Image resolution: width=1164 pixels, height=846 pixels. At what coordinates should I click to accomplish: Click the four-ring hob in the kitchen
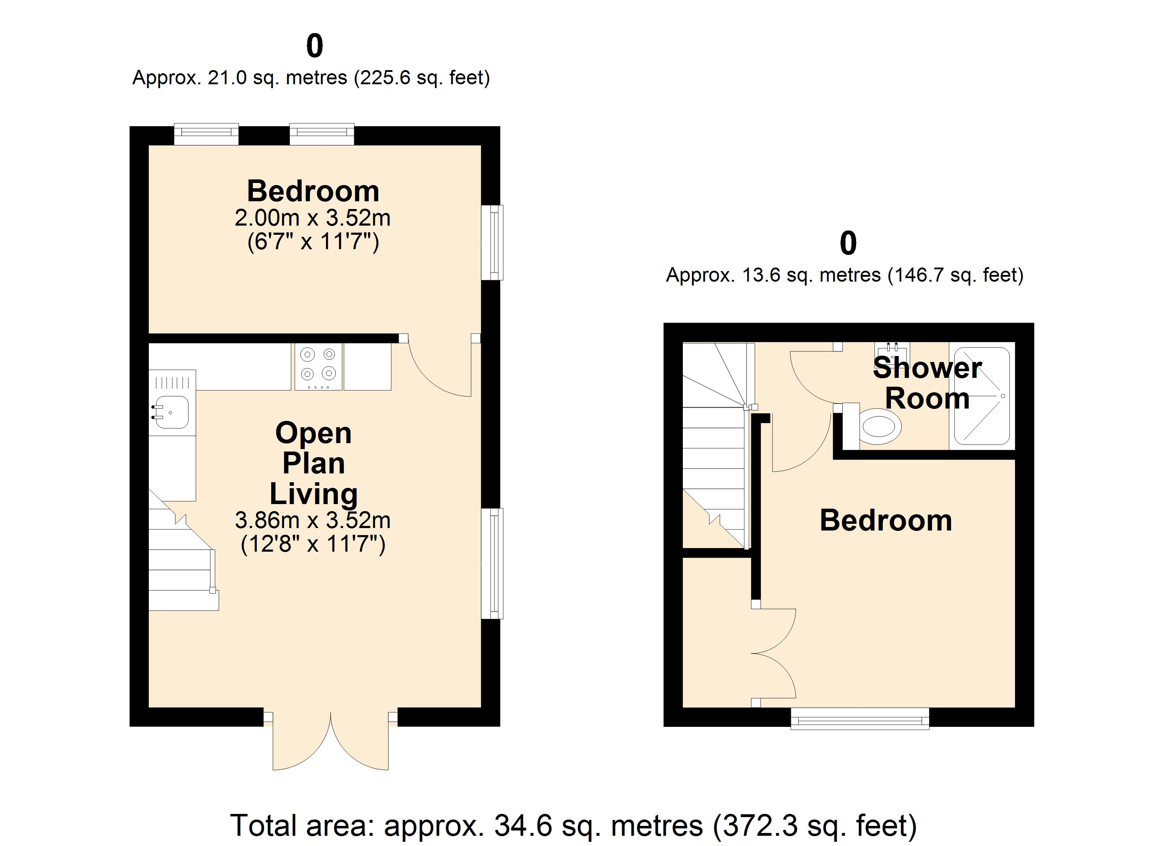(318, 366)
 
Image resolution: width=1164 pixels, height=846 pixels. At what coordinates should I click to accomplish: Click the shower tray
(981, 396)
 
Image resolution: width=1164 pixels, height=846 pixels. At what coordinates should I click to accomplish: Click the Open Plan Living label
(313, 463)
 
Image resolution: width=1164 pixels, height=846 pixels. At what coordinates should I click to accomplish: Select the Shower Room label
(927, 383)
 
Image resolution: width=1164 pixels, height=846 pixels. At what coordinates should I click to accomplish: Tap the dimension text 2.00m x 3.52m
(313, 218)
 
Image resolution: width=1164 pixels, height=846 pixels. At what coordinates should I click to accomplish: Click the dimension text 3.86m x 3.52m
(313, 520)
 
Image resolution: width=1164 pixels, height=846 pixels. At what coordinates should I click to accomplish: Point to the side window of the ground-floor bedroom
(493, 243)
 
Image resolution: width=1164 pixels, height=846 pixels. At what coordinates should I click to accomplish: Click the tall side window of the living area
(493, 563)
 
